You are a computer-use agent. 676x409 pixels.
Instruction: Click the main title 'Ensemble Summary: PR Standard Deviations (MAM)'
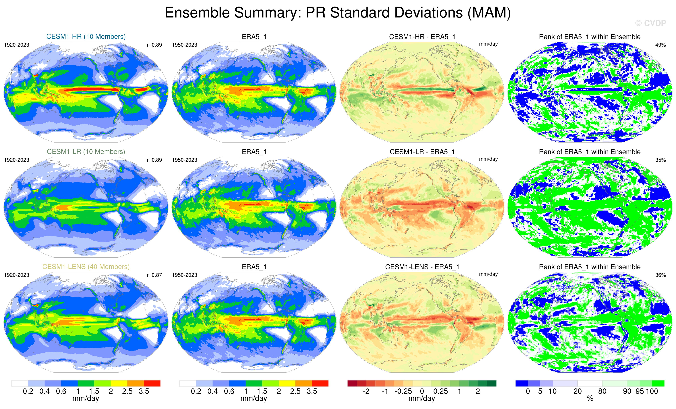pos(338,13)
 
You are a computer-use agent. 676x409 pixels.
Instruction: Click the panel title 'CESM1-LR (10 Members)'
pos(86,151)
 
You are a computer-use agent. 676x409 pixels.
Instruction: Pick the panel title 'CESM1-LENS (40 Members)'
pos(86,267)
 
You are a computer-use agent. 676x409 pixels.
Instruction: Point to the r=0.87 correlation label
pos(155,275)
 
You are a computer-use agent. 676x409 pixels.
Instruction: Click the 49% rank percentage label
pos(660,45)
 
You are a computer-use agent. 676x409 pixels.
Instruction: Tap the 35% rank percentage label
pos(660,160)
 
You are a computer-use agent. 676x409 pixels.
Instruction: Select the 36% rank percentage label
pos(660,275)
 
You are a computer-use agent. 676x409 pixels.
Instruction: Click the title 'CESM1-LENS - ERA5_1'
pos(422,267)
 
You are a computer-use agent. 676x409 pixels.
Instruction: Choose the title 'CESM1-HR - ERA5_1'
pos(422,37)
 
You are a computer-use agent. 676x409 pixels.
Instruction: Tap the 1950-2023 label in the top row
pos(184,45)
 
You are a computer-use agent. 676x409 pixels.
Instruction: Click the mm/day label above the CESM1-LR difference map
pos(488,159)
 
